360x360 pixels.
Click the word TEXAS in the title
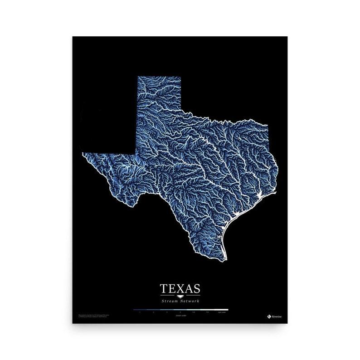180,288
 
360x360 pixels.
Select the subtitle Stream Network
180,301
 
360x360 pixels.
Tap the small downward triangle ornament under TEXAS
180,296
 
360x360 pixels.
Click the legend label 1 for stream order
140,313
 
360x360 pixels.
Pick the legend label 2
153,313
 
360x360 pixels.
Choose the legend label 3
167,313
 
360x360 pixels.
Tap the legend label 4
180,313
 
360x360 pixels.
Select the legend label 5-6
194,313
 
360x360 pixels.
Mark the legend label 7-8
207,313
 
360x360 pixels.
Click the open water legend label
221,313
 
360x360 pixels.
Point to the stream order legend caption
180,316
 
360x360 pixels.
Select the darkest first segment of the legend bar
140,310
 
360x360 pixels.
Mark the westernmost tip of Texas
83,155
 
